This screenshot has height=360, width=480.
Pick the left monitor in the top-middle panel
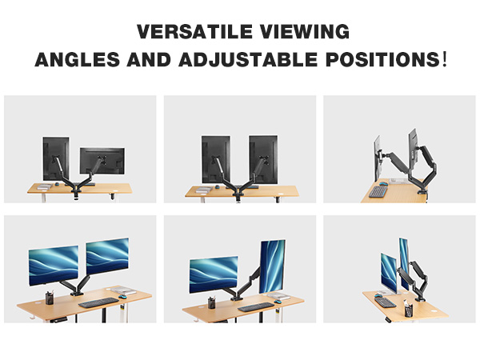[216, 158]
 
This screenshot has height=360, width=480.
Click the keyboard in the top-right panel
[378, 191]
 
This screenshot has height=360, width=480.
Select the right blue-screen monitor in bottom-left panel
[106, 256]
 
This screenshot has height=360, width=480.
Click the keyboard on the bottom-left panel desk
[97, 302]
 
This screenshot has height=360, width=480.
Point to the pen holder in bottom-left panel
[49, 298]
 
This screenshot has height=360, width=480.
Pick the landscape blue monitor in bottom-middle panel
[213, 273]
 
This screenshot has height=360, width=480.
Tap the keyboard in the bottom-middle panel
[255, 306]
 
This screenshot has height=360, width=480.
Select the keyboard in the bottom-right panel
[386, 302]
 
